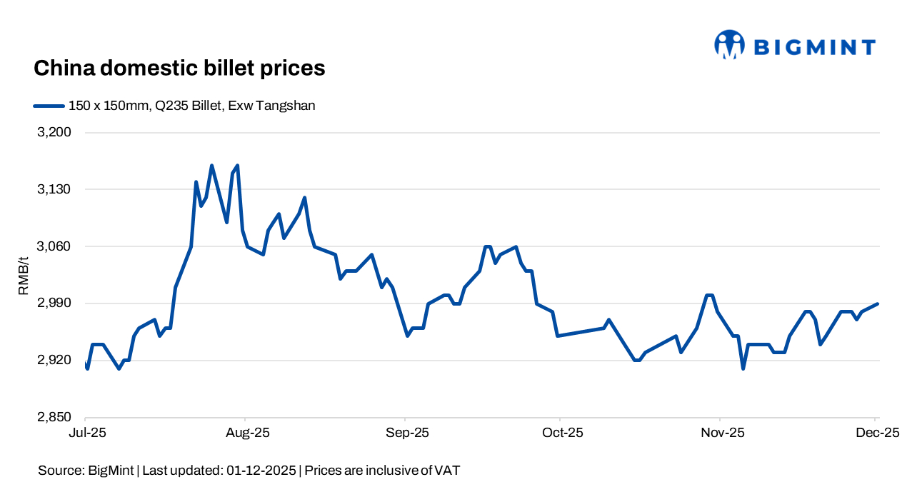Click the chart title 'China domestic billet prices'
[x=179, y=69]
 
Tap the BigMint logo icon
[x=729, y=45]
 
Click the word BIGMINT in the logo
[x=814, y=48]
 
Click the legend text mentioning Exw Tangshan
[x=191, y=106]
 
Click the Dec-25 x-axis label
[x=876, y=433]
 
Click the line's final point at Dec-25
[x=877, y=304]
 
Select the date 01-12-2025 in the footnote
[x=261, y=471]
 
